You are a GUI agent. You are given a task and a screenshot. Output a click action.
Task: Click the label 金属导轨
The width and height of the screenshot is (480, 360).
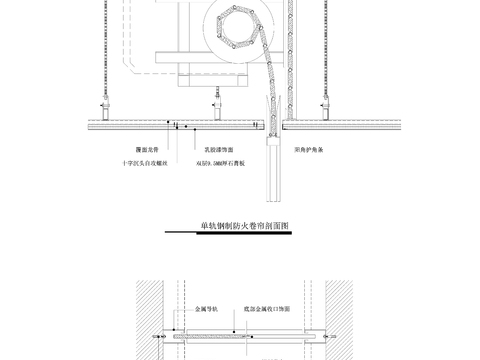point(212,311)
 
